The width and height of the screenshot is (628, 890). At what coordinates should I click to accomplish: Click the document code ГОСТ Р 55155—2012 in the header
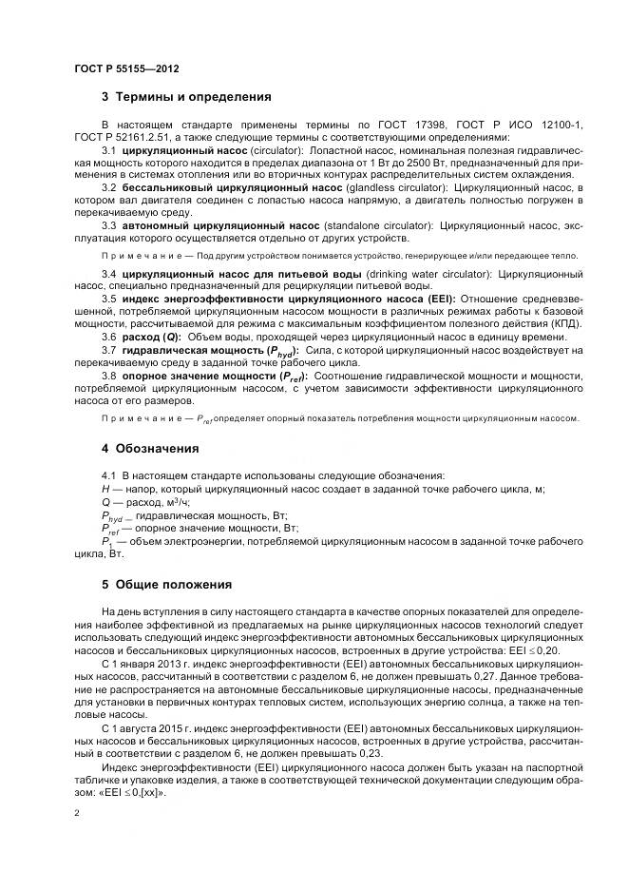125,69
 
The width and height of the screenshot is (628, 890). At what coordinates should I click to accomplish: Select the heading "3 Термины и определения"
186,97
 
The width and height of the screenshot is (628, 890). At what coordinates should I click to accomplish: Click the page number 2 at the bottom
76,814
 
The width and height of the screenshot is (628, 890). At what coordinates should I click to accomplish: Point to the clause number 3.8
108,377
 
